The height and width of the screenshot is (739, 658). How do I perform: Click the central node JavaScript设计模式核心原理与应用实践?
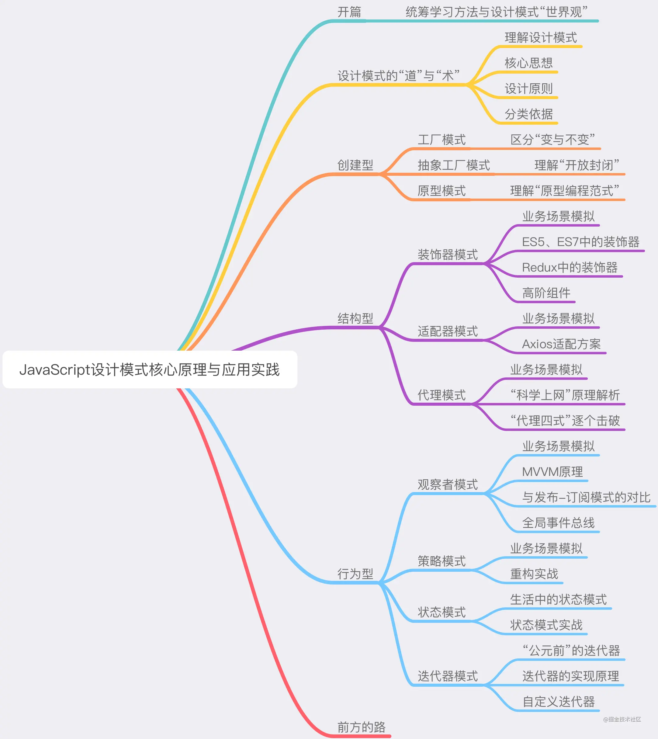pyautogui.click(x=150, y=370)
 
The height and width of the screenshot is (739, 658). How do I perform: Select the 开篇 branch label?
pyautogui.click(x=349, y=12)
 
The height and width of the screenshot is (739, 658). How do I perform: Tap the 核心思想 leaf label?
pyautogui.click(x=528, y=63)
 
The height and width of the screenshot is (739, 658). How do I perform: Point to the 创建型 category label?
pyautogui.click(x=355, y=165)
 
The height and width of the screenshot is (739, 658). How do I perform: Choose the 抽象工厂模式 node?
pyautogui.click(x=454, y=165)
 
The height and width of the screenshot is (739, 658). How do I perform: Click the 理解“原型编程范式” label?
pyautogui.click(x=565, y=191)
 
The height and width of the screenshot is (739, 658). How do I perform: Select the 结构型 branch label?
pyautogui.click(x=355, y=318)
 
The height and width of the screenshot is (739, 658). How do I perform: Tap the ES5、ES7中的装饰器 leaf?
pyautogui.click(x=581, y=242)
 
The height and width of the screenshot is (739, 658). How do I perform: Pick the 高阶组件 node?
pyautogui.click(x=546, y=293)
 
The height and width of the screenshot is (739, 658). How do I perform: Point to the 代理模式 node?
pyautogui.click(x=442, y=395)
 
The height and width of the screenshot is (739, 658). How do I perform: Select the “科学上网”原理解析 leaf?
pyautogui.click(x=565, y=395)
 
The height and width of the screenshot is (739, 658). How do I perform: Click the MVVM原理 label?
pyautogui.click(x=552, y=472)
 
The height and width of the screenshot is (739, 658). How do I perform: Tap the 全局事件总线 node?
pyautogui.click(x=559, y=523)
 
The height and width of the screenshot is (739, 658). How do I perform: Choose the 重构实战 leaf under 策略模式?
pyautogui.click(x=534, y=574)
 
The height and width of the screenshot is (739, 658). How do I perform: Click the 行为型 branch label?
pyautogui.click(x=355, y=574)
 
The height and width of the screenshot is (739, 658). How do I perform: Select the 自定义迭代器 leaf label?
pyautogui.click(x=559, y=702)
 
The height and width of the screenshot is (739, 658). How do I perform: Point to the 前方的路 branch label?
pyautogui.click(x=362, y=727)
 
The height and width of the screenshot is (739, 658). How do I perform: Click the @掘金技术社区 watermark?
pyautogui.click(x=622, y=720)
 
